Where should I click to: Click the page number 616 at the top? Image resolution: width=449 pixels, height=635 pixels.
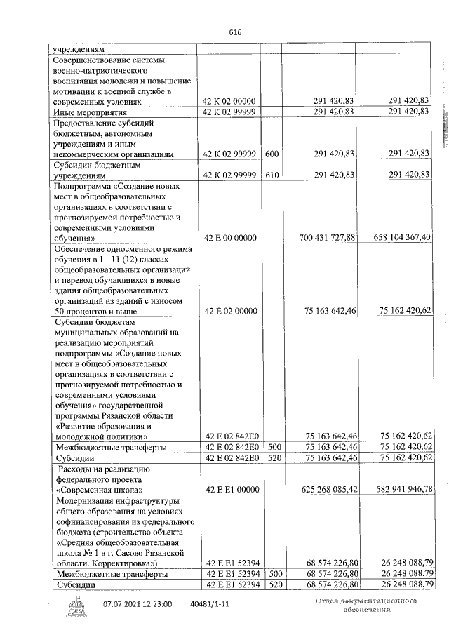[x=234, y=32]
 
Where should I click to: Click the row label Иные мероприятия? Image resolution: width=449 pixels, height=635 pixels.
[x=91, y=112]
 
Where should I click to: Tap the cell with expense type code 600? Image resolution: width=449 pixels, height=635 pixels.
[x=272, y=154]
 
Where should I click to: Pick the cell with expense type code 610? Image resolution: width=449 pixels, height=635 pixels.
[x=272, y=175]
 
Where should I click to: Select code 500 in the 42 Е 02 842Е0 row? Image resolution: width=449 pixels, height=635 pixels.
[x=272, y=447]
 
